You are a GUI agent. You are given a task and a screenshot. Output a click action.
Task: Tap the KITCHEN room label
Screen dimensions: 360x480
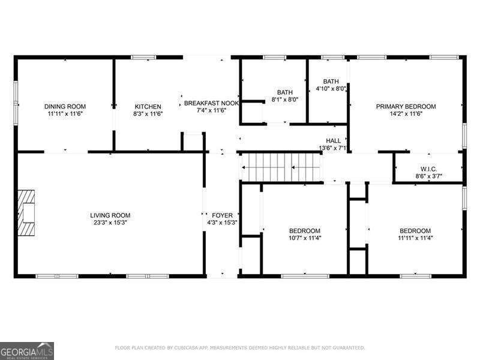pyautogui.click(x=148, y=106)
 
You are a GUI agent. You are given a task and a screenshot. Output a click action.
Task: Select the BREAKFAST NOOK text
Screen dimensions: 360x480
pyautogui.click(x=211, y=103)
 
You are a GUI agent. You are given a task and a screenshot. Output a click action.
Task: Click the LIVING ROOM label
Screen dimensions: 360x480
pyautogui.click(x=110, y=215)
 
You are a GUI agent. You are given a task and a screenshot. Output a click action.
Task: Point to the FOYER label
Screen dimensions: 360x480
pyautogui.click(x=222, y=215)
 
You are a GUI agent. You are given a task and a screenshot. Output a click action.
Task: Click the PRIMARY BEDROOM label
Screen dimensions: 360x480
pyautogui.click(x=406, y=106)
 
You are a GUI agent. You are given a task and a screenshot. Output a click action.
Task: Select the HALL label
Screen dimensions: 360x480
pyautogui.click(x=333, y=140)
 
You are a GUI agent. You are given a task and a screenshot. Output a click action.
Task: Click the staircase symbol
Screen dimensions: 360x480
pyautogui.click(x=281, y=166)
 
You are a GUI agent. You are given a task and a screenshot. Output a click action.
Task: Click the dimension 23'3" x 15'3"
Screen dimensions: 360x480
pyautogui.click(x=110, y=223)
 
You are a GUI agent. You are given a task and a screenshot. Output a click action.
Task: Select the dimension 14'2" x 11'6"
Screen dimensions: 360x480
pyautogui.click(x=406, y=113)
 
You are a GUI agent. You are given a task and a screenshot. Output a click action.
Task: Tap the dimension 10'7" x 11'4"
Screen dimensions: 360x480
pyautogui.click(x=305, y=238)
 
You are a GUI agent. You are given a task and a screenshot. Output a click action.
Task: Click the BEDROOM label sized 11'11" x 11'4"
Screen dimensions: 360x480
pyautogui.click(x=415, y=231)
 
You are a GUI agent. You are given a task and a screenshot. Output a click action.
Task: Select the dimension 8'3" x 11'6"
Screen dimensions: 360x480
pyautogui.click(x=148, y=113)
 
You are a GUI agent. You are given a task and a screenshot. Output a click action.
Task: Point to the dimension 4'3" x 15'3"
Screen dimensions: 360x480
pyautogui.click(x=222, y=223)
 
